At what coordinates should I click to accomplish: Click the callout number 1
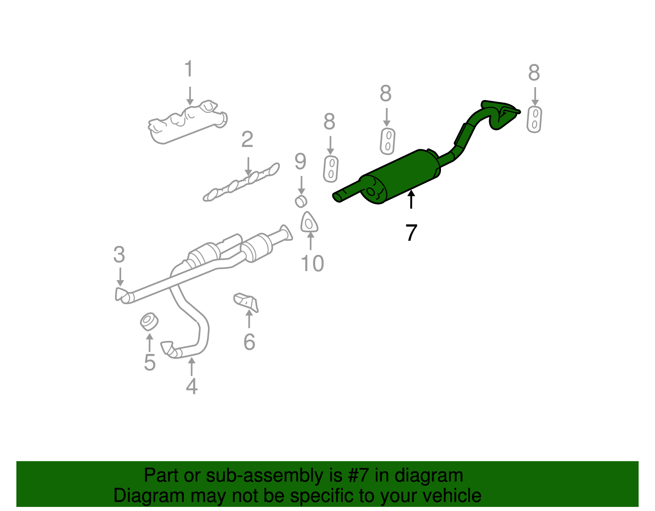188,69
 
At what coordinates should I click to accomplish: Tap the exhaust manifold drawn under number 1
186,123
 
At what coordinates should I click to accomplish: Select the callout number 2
247,140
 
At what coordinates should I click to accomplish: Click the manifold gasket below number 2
242,182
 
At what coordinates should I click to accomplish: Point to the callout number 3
119,255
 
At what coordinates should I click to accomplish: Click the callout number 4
192,386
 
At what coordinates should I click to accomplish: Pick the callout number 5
149,362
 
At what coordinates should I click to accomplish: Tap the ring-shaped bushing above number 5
149,322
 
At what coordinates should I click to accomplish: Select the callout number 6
249,342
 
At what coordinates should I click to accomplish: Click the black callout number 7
411,233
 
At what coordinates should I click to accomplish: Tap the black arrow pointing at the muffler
411,200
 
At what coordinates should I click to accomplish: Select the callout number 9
300,162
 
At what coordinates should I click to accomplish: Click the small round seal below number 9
301,201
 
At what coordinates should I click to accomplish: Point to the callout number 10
312,264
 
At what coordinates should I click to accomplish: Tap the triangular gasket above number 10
309,223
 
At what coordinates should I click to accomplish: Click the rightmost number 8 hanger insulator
534,119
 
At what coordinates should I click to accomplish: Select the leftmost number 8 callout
329,122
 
